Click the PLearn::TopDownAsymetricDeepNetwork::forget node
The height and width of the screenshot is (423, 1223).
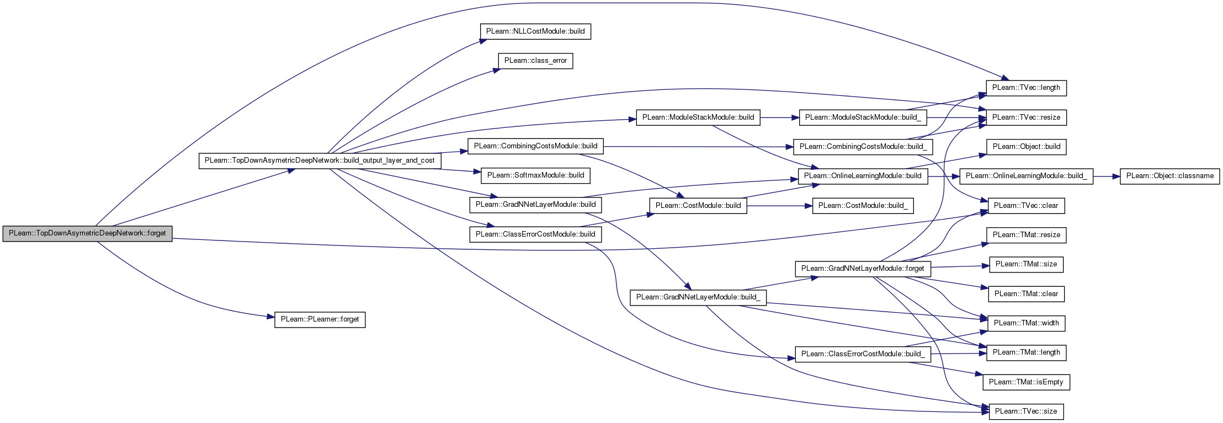[87, 233]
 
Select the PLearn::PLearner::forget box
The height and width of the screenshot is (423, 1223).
[320, 319]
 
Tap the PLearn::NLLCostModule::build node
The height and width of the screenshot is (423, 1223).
[535, 31]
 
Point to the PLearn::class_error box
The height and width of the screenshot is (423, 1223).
[535, 61]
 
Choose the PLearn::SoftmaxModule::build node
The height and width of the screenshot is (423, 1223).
[535, 175]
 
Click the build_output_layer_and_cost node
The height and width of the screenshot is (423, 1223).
[320, 160]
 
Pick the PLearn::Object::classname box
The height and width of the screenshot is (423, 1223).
[1169, 176]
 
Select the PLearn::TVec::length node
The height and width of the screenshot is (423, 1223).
[1026, 88]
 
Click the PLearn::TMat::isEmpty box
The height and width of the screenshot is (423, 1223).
[1026, 382]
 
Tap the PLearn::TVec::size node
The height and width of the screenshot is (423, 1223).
[1026, 411]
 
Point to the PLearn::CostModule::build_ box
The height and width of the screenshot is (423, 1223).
[863, 206]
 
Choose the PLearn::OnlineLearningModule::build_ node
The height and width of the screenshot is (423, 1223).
[1027, 176]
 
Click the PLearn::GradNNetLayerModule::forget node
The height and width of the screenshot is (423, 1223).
[863, 269]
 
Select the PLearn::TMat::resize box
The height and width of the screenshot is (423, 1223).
[1026, 235]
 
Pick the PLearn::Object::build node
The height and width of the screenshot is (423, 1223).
[1026, 147]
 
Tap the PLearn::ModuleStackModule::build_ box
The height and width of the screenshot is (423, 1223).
[863, 117]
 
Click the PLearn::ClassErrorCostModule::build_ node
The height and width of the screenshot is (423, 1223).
[863, 354]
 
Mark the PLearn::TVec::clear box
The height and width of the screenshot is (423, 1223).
[1026, 206]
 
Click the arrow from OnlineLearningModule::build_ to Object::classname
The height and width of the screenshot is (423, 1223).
[1106, 176]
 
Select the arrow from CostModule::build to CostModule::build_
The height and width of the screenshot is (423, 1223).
[779, 206]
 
